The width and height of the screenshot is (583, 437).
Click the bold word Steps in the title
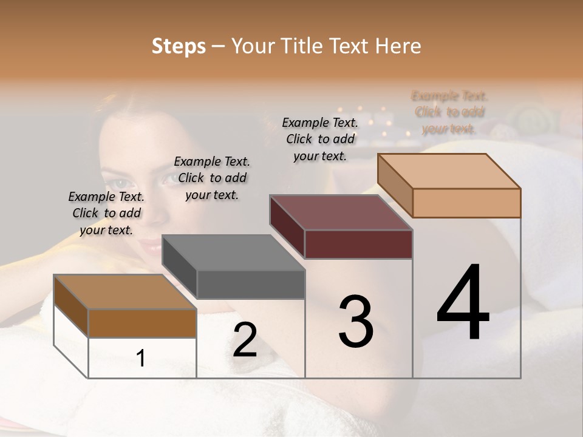[x=179, y=46]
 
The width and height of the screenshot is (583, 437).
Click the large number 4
[x=463, y=303]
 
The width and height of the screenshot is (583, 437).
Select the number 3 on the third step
[x=356, y=322]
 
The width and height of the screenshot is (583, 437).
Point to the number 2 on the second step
[x=245, y=340]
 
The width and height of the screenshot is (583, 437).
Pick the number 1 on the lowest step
[x=141, y=358]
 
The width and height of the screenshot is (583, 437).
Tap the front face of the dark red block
[x=358, y=245]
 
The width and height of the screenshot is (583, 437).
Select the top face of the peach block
[x=449, y=171]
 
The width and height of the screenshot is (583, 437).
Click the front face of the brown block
[x=142, y=323]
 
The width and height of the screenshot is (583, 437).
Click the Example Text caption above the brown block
[x=106, y=213]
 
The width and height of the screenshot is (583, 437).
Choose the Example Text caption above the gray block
[x=212, y=178]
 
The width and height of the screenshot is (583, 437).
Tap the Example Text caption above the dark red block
[x=320, y=139]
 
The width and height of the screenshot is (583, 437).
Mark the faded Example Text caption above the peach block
[x=449, y=112]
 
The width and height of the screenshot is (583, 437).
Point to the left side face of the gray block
[x=180, y=267]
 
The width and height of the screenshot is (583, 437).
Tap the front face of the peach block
[x=466, y=203]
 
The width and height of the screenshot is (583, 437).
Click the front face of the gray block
[x=250, y=285]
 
